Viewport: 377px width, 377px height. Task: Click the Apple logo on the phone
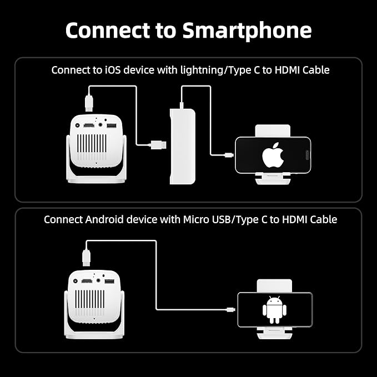point(273,155)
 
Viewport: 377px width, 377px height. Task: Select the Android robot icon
point(275,309)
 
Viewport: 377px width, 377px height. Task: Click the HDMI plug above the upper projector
point(88,102)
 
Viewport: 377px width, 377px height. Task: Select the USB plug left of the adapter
point(158,145)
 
